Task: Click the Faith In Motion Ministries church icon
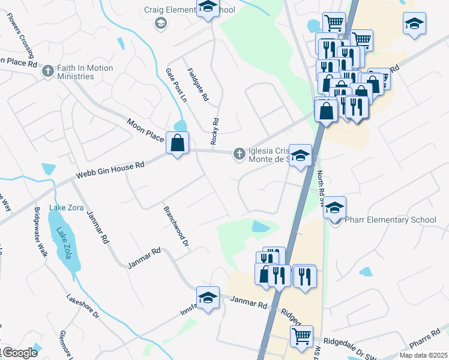49,71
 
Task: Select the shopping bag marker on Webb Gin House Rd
177,143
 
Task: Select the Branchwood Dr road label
176,227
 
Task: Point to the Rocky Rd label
215,131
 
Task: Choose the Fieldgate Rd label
197,85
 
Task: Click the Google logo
20,353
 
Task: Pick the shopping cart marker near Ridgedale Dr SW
301,336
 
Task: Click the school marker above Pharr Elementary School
336,208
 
